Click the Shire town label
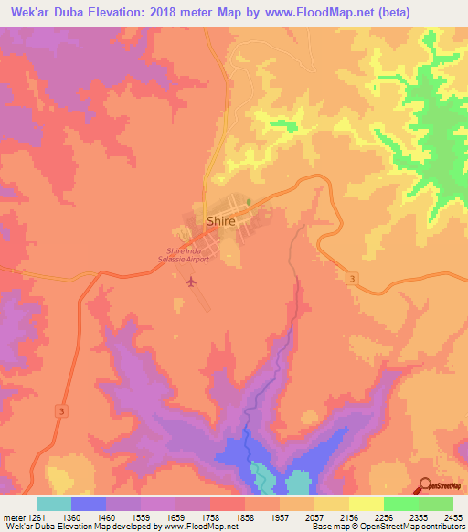[x=221, y=221]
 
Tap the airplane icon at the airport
[x=190, y=281]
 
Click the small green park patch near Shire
[x=248, y=201]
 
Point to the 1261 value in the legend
[x=35, y=516]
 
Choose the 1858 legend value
[x=244, y=516]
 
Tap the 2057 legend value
[x=314, y=516]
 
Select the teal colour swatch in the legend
[x=53, y=504]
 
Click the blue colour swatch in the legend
[x=88, y=504]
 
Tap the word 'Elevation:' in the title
[x=114, y=13]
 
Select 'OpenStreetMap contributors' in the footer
[x=420, y=527]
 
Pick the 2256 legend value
[x=383, y=516]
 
